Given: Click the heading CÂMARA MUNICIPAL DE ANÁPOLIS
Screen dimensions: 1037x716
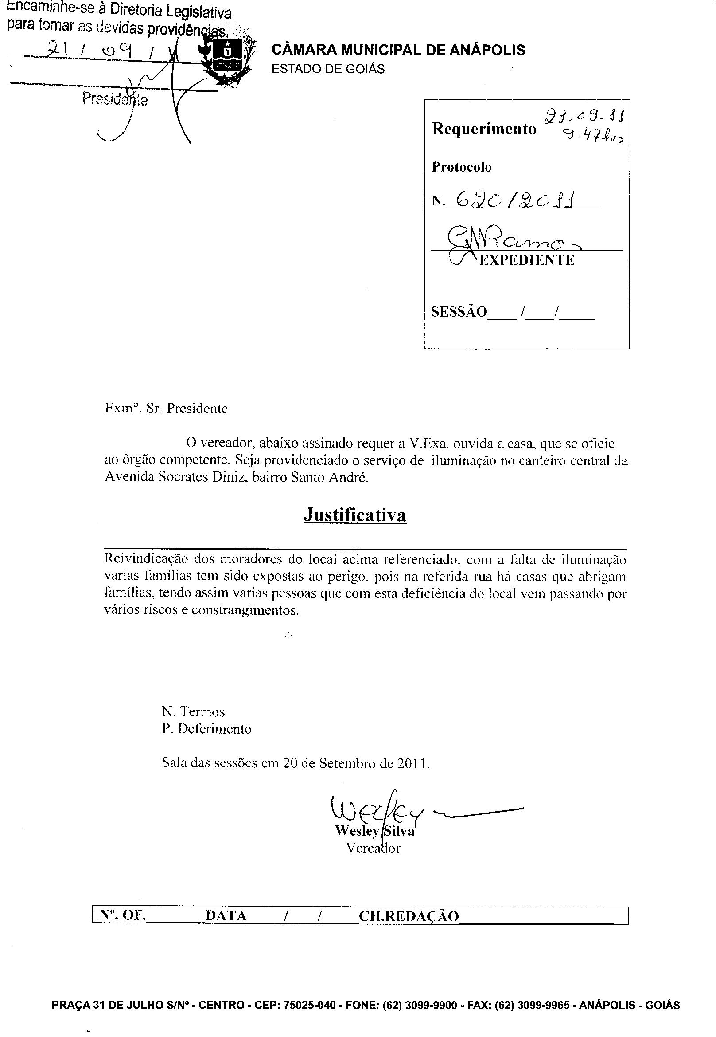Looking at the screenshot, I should (x=398, y=50).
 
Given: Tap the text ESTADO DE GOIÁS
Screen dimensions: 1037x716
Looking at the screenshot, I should (x=328, y=69).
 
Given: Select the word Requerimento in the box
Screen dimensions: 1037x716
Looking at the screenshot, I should (x=484, y=129).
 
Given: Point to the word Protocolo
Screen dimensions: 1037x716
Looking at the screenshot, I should (x=462, y=167).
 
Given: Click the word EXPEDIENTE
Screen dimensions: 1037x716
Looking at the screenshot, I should (x=527, y=260).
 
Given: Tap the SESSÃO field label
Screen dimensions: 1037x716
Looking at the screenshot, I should (x=459, y=312).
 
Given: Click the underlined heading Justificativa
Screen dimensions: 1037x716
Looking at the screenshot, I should (x=355, y=515).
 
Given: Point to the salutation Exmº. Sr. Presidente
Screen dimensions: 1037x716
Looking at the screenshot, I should (x=166, y=409).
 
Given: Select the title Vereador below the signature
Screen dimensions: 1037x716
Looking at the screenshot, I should (x=373, y=848).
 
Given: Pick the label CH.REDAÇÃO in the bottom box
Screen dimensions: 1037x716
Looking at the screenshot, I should (x=409, y=916).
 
